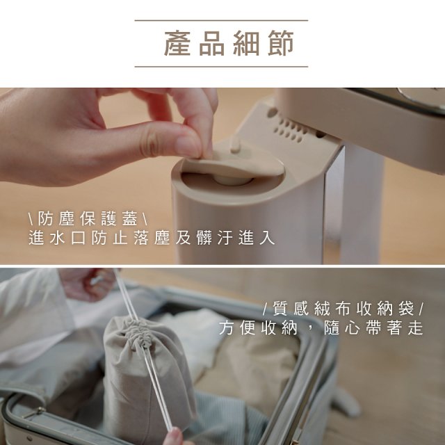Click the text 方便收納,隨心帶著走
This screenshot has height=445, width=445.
click(321, 328)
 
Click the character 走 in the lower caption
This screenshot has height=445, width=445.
click(415, 328)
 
